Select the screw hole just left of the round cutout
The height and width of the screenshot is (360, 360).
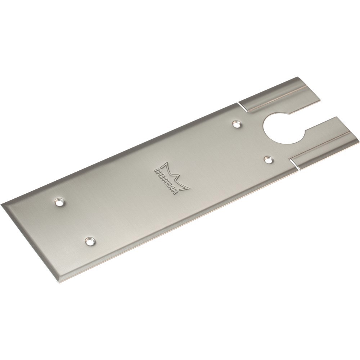pyautogui.click(x=236, y=125)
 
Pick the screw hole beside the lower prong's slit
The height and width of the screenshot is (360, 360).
pyautogui.click(x=268, y=159)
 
